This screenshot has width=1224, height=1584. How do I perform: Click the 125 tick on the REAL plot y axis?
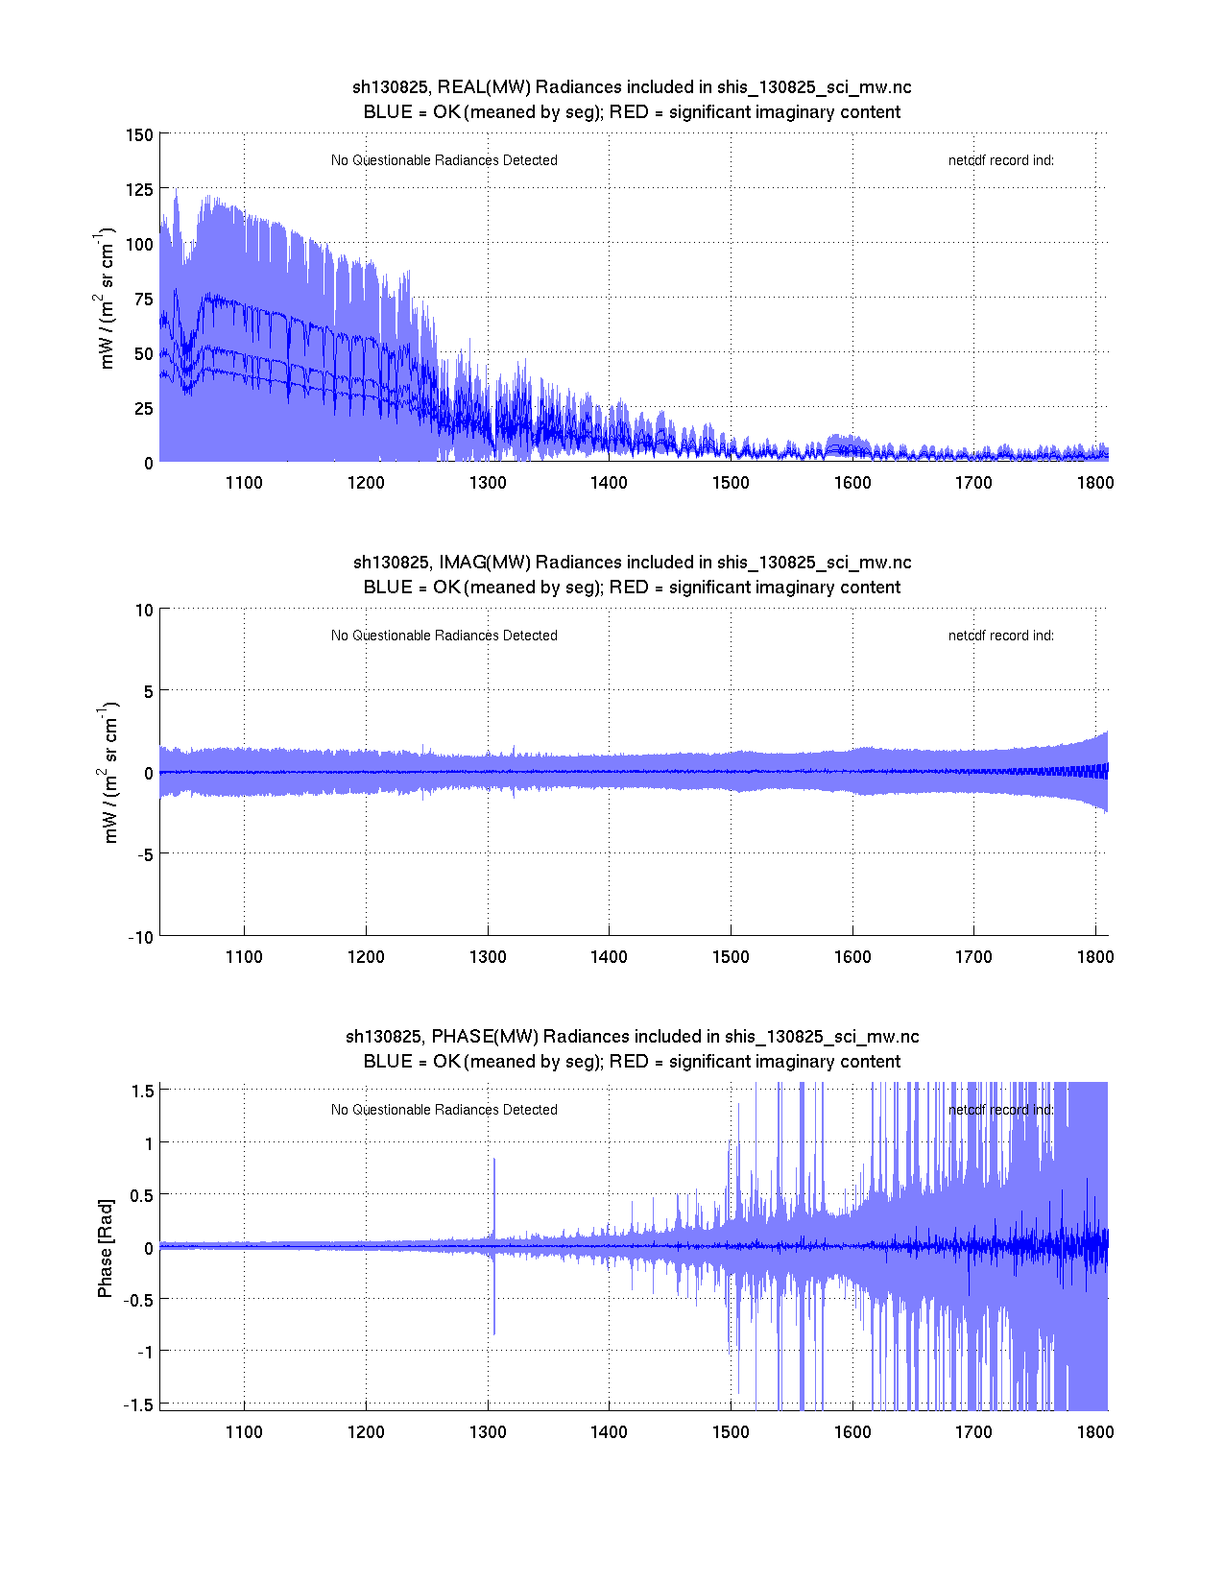(x=140, y=189)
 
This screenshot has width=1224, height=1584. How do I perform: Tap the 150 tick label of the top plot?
(x=140, y=134)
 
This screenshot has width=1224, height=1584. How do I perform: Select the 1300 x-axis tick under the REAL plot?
(x=488, y=483)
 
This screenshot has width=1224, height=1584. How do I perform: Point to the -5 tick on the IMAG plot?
(x=141, y=854)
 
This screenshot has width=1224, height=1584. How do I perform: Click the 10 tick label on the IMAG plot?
(x=144, y=610)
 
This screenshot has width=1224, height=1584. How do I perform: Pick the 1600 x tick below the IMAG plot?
(x=852, y=957)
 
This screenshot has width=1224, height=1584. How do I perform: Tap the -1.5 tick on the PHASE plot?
(x=138, y=1404)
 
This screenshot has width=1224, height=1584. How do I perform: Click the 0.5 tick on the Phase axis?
(x=142, y=1195)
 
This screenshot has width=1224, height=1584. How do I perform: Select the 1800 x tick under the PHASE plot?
(x=1095, y=1432)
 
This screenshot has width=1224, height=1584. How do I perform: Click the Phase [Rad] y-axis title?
(x=106, y=1248)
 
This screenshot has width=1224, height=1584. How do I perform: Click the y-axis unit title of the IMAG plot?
(x=109, y=773)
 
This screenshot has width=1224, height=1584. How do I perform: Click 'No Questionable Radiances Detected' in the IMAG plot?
(x=444, y=636)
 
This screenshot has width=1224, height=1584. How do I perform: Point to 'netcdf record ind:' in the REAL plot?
(x=1001, y=160)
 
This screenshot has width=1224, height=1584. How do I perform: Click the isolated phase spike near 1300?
(x=494, y=1190)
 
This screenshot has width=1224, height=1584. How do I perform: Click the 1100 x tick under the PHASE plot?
(x=244, y=1432)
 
